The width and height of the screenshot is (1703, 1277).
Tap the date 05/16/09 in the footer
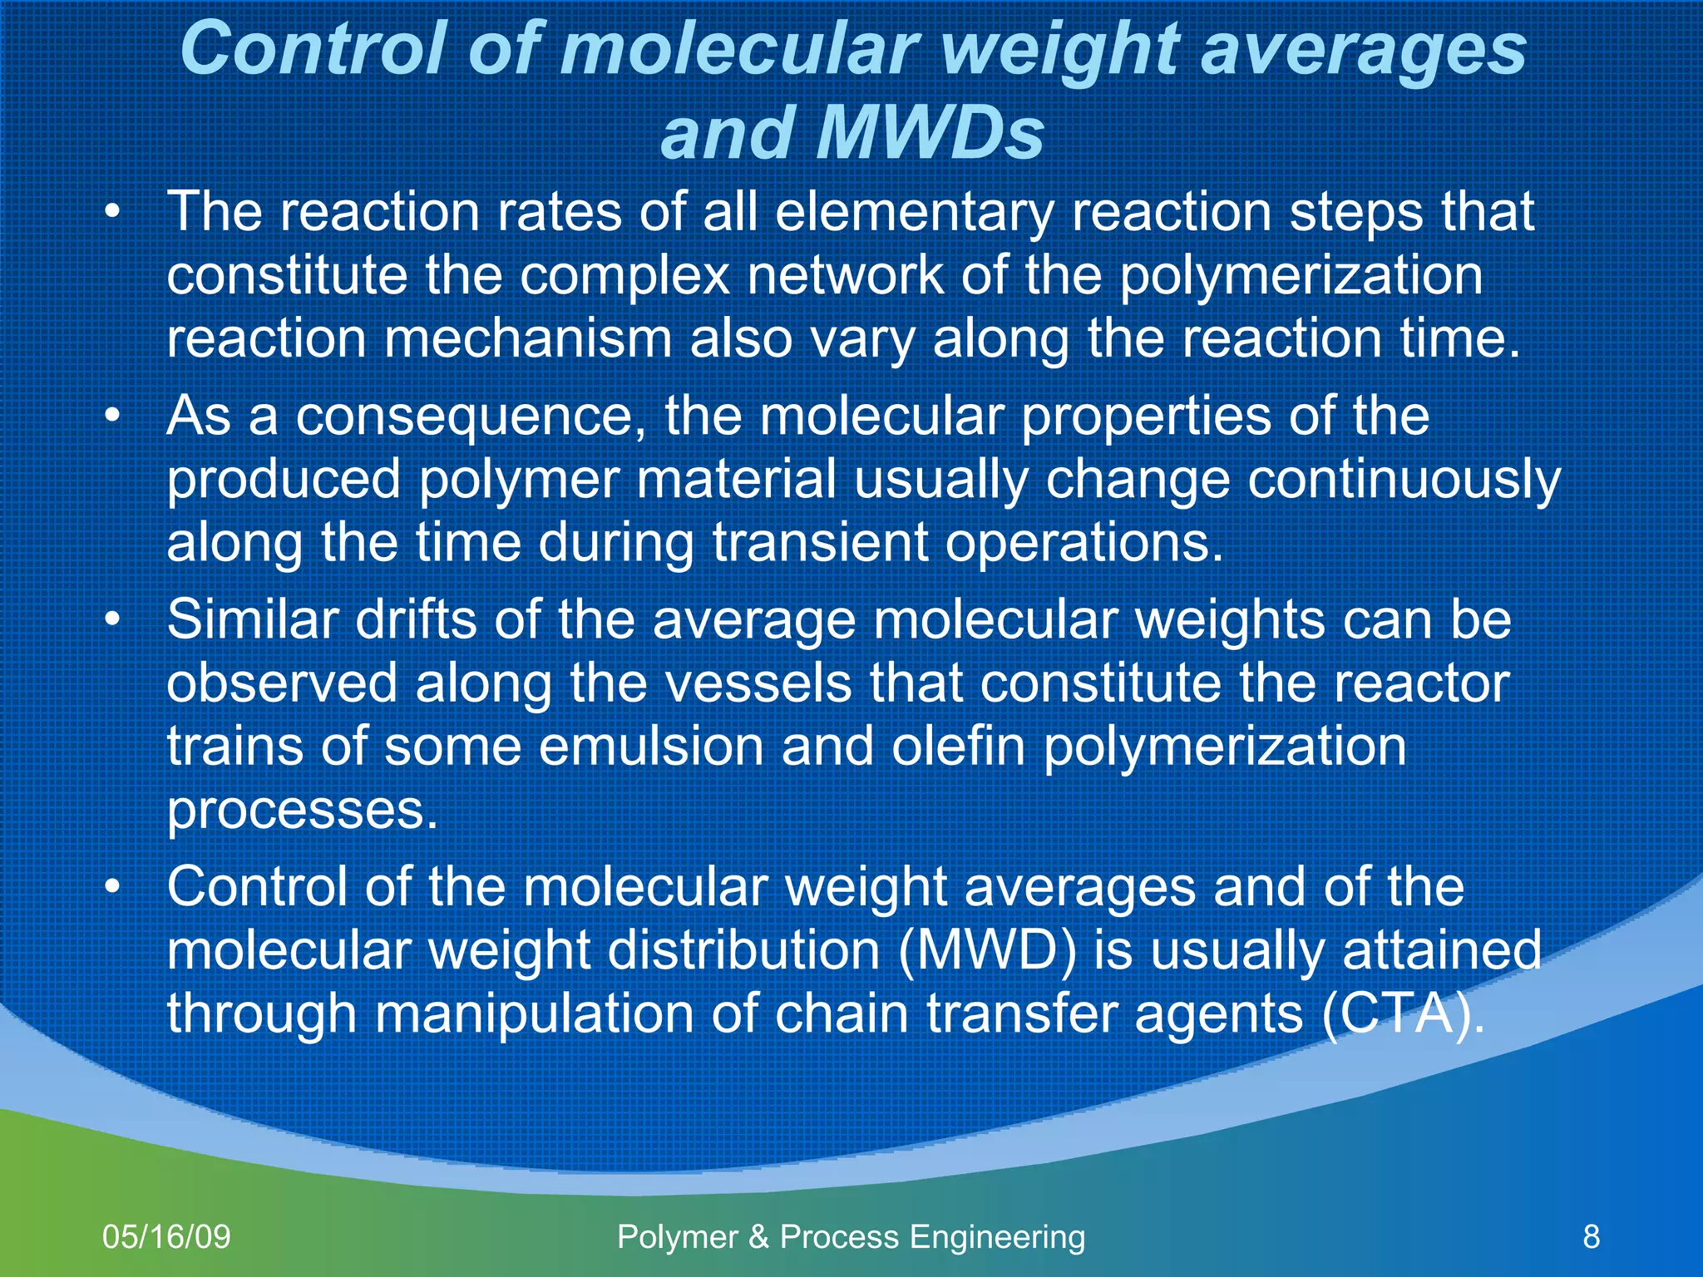[166, 1237]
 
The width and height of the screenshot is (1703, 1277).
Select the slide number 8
[1591, 1237]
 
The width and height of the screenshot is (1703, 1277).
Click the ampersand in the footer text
[758, 1237]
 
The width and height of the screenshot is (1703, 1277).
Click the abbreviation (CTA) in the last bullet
[1402, 1014]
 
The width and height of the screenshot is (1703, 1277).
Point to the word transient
[819, 543]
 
